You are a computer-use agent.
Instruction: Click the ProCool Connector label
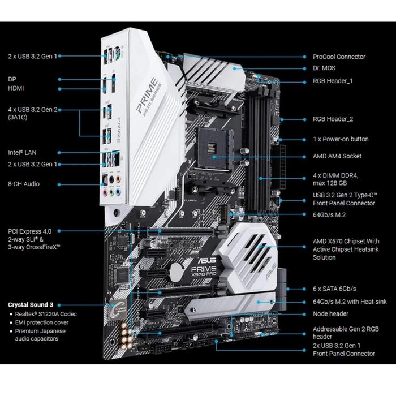click(x=339, y=57)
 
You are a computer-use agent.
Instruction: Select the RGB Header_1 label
click(x=333, y=81)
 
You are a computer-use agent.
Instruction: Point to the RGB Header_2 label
click(x=333, y=119)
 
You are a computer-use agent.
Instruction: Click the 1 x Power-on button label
click(x=341, y=139)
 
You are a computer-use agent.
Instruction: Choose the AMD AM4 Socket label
click(x=337, y=156)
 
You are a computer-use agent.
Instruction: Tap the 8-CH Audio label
click(x=24, y=184)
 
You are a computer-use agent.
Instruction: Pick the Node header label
click(x=330, y=313)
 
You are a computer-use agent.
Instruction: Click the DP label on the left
click(x=12, y=79)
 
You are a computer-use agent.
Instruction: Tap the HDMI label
click(x=16, y=89)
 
